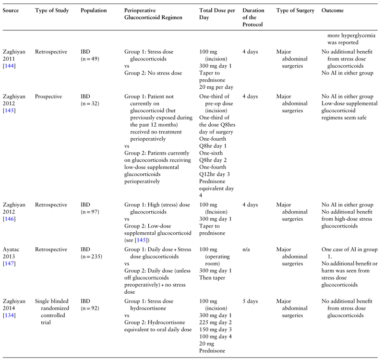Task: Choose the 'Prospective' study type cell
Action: [48, 96]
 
